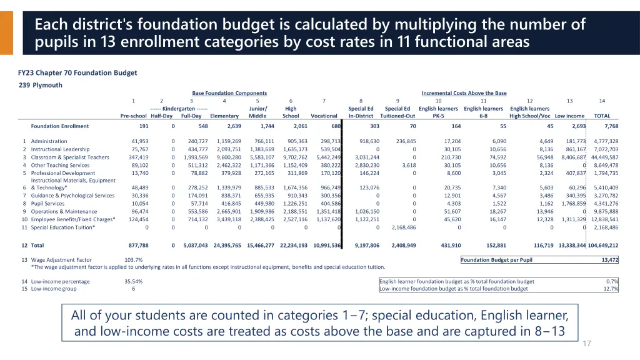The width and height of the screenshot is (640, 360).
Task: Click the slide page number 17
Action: coord(586,344)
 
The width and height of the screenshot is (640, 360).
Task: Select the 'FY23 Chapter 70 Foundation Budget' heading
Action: coord(77,72)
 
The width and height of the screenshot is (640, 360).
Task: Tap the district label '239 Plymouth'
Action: coord(41,85)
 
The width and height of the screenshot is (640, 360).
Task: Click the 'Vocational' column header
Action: coord(324,116)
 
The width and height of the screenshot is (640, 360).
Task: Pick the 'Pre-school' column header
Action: coord(133,116)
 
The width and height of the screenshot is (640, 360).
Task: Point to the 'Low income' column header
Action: coord(569,116)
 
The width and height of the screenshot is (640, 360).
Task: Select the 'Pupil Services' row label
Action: coord(47,203)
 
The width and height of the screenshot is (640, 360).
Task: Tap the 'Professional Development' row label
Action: coord(63,172)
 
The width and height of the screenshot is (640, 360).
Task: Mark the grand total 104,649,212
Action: coord(603,246)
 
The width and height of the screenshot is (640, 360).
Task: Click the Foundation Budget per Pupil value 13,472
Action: coord(609,260)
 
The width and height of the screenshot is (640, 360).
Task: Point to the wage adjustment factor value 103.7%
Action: coord(133,260)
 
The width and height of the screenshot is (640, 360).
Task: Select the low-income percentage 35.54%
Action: coord(133,281)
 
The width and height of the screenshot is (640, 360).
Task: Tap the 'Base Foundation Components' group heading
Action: coord(229,93)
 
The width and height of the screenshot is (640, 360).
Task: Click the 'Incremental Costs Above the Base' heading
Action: coord(464,93)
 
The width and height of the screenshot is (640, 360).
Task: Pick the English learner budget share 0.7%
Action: coord(612,281)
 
